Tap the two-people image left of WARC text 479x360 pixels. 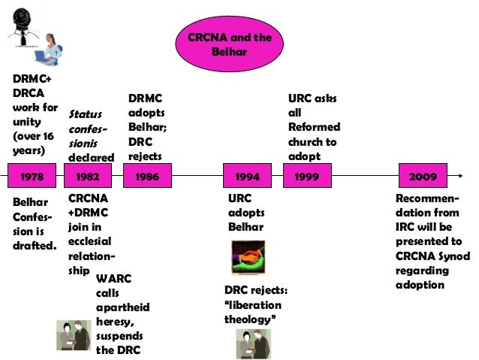click(x=75, y=334)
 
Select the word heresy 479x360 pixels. click(x=115, y=322)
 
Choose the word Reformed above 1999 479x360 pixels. click(x=314, y=127)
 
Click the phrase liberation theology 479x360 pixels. click(x=253, y=312)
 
